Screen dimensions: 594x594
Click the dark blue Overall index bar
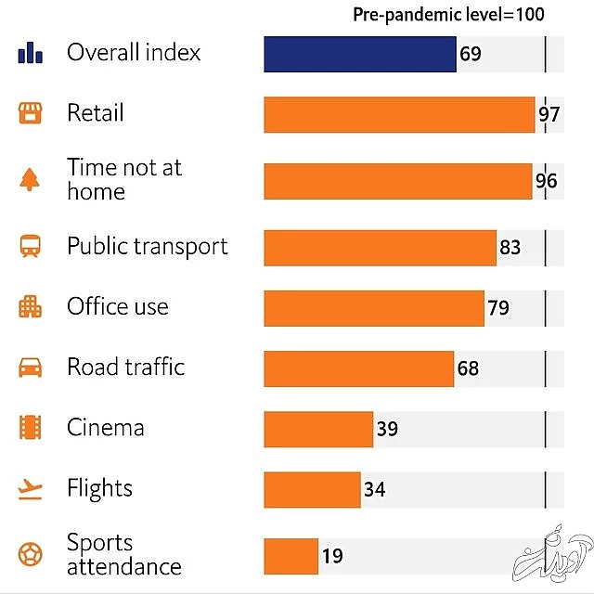[359, 54]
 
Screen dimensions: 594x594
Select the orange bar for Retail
[399, 114]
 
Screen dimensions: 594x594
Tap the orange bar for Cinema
[318, 429]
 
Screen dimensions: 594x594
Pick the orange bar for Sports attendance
[291, 556]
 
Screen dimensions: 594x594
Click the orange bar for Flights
[312, 489]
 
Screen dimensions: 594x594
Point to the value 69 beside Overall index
[471, 54]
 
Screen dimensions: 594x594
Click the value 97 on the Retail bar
[549, 115]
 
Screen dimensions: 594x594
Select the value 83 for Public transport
[510, 248]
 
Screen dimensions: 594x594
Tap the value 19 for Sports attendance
[332, 556]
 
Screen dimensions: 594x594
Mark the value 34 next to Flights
[374, 489]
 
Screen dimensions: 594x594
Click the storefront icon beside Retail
[31, 113]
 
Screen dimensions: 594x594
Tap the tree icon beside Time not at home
[31, 179]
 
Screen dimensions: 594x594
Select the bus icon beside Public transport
[31, 247]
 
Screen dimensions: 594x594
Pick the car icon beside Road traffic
[31, 368]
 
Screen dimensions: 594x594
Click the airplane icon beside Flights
[31, 489]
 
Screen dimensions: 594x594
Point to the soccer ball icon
[31, 555]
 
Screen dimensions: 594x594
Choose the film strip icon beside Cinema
[31, 428]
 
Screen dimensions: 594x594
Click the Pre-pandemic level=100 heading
[448, 14]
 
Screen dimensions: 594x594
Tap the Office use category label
[118, 307]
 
